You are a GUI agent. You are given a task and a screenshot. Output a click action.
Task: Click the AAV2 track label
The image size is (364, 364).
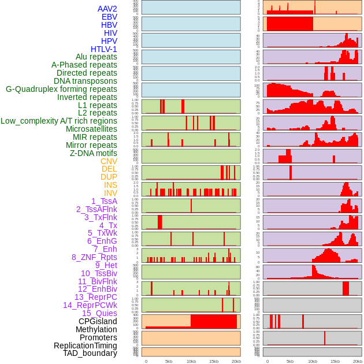[107, 9]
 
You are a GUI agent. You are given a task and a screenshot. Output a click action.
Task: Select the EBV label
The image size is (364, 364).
[109, 17]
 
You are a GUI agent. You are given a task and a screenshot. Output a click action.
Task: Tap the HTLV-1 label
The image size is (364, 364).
[104, 49]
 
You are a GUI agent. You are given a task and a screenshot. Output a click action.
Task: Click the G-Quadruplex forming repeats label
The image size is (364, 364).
[61, 89]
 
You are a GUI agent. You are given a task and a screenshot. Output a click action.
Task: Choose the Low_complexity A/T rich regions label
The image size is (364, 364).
[59, 121]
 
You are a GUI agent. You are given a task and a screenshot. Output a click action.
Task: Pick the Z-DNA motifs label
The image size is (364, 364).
[94, 153]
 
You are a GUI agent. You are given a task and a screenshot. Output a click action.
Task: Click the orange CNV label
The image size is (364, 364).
[109, 161]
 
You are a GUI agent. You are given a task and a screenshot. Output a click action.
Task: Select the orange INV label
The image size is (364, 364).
[110, 193]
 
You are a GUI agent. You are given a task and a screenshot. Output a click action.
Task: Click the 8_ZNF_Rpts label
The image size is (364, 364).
[94, 257]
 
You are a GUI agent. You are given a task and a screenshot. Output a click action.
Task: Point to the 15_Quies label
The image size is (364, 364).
[99, 313]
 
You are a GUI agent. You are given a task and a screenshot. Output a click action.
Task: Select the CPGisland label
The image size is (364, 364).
[98, 321]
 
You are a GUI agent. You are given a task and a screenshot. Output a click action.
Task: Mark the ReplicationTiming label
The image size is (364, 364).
[85, 346]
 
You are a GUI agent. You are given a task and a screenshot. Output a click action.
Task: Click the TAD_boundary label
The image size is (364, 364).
[90, 353]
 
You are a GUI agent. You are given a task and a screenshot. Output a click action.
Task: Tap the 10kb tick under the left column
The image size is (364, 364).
[191, 361]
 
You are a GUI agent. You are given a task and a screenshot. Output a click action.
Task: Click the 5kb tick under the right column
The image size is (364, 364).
[289, 361]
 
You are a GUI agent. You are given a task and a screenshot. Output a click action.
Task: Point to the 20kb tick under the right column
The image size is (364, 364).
[358, 361]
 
